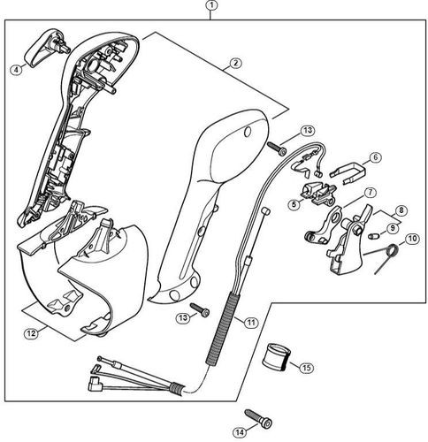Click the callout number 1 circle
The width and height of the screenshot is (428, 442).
[x=210, y=7]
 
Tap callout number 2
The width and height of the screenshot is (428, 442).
[x=235, y=64]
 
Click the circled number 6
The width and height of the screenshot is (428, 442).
[x=375, y=158]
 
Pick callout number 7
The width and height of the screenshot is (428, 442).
[x=371, y=192]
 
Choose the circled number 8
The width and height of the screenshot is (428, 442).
[x=401, y=210]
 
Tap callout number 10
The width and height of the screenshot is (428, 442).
[x=411, y=239]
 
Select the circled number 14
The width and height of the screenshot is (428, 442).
[x=238, y=432]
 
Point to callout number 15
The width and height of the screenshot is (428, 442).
[x=307, y=367]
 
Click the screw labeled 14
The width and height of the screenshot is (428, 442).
[x=256, y=415]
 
